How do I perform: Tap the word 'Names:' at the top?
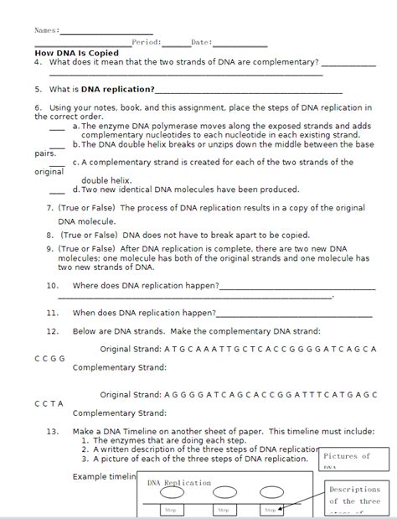(x=46, y=30)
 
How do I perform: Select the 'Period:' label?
(x=147, y=41)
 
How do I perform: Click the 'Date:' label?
(x=201, y=41)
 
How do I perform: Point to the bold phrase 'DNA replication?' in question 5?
(x=117, y=88)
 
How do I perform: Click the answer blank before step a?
(x=57, y=128)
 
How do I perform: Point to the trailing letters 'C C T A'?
(x=49, y=403)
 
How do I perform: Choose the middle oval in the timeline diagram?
(x=224, y=493)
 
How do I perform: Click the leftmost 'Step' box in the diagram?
(x=171, y=510)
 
